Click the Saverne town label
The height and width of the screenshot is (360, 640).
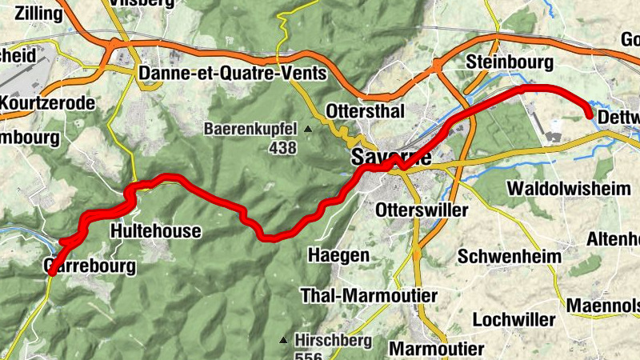(391, 158)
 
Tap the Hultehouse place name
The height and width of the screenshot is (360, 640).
(155, 231)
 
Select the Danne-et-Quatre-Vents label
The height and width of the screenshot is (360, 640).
(233, 74)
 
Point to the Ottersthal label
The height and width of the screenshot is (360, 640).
(366, 111)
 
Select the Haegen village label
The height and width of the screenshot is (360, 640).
(339, 255)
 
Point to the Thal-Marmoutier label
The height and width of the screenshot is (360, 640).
(369, 296)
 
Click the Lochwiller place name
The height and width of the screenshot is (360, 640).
(514, 319)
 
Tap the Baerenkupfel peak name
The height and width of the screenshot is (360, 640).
(250, 128)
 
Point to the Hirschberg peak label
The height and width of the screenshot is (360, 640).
(332, 340)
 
